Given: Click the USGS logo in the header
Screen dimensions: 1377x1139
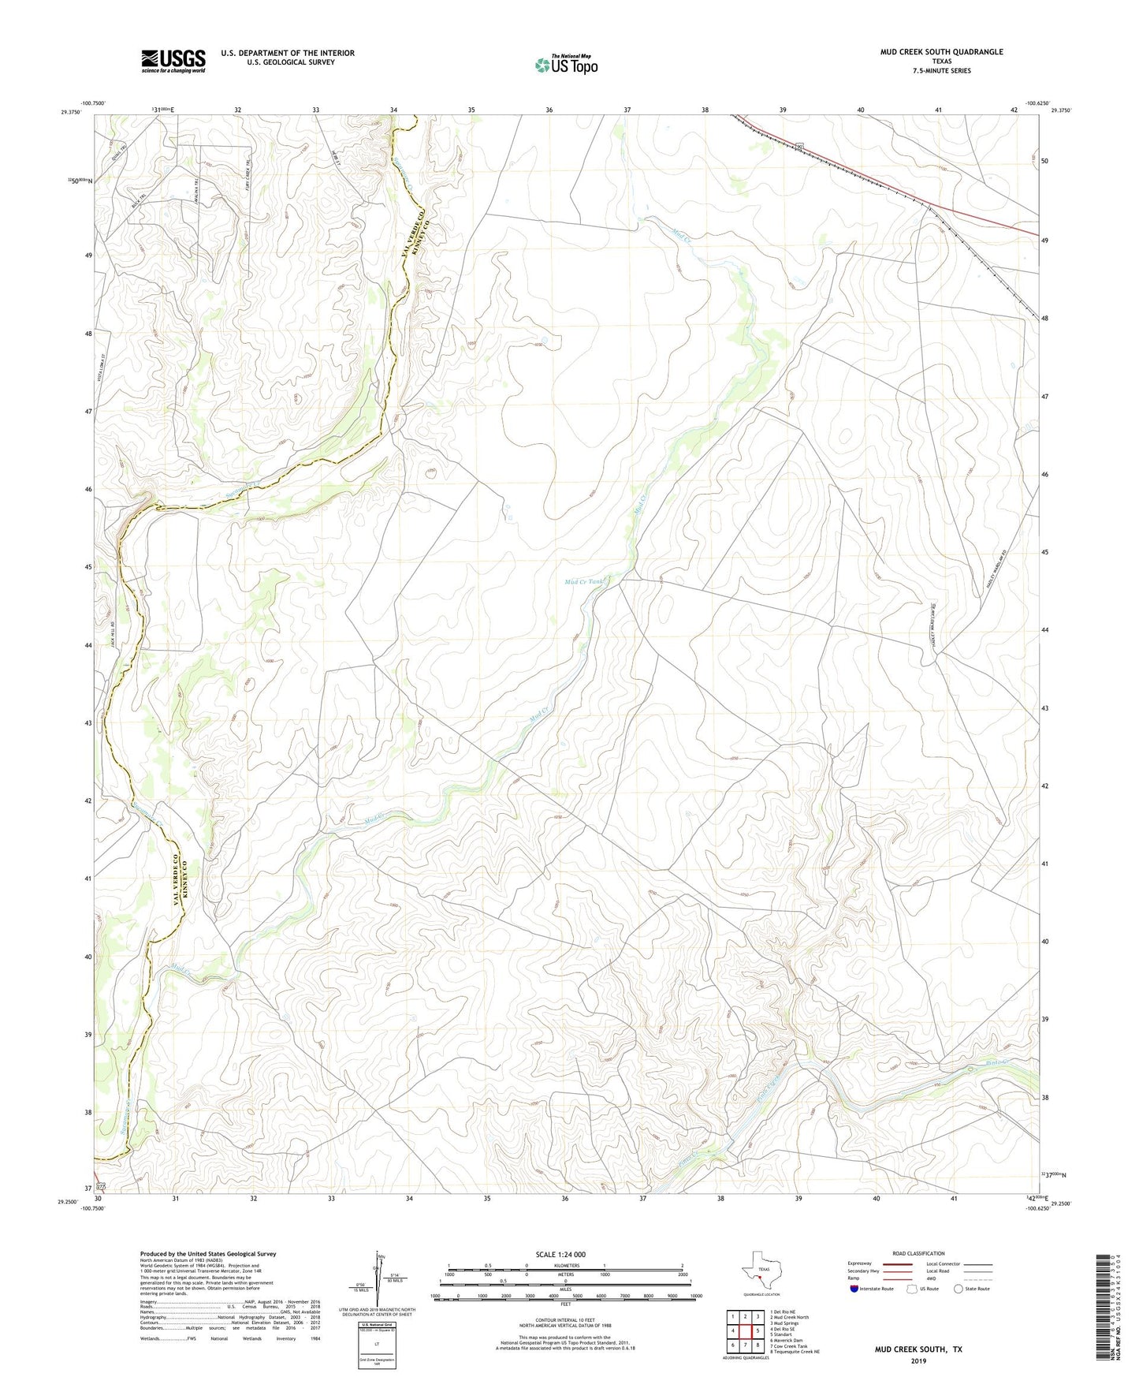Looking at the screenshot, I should click(173, 61).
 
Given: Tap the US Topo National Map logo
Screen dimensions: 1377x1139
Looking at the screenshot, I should click(566, 65).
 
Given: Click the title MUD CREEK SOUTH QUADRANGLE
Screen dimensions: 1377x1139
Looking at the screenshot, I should click(941, 52).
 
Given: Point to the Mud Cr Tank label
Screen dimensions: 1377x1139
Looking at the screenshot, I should click(584, 582).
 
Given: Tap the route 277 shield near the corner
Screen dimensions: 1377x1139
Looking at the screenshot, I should click(100, 1186).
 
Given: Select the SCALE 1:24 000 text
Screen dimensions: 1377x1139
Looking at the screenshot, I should click(560, 1255).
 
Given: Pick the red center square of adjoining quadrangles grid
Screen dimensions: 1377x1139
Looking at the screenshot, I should click(745, 1330).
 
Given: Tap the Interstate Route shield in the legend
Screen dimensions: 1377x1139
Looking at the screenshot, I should click(854, 1289).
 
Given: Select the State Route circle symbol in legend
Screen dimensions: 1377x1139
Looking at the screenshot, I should click(958, 1289).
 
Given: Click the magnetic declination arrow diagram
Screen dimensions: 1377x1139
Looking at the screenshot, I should click(379, 1278).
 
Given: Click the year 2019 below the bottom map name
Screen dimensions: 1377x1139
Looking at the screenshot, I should click(918, 1360).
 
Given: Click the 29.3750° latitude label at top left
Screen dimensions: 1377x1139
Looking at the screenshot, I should click(73, 112).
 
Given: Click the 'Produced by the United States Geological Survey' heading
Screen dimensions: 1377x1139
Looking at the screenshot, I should click(208, 1254).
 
